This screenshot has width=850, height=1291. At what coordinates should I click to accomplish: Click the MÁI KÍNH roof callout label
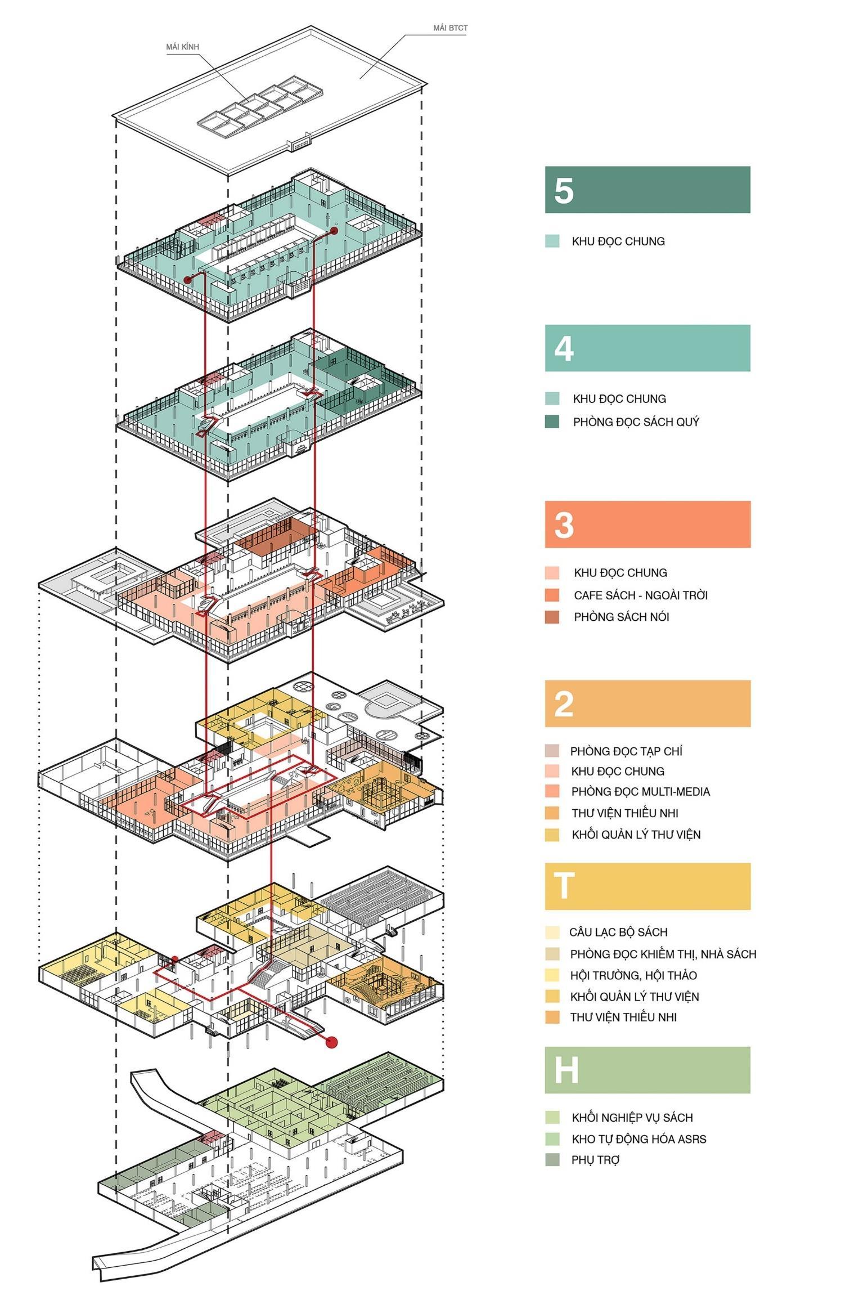point(182,47)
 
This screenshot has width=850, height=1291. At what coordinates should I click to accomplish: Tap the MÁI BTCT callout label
point(450,28)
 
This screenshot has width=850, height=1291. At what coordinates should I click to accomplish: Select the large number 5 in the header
point(564,190)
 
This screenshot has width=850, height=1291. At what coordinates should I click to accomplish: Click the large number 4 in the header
point(564,348)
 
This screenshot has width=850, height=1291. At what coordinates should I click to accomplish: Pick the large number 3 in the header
point(564,525)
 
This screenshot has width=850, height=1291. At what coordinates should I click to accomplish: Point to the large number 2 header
point(564,703)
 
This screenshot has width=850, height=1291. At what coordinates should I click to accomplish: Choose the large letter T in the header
point(564,886)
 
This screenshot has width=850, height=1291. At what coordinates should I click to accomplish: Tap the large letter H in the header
point(565,1070)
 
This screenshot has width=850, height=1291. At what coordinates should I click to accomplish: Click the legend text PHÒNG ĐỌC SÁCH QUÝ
point(636,422)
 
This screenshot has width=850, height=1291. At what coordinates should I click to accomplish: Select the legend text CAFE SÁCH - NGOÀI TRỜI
point(641,595)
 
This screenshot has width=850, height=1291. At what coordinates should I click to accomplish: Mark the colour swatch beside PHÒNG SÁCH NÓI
point(552,617)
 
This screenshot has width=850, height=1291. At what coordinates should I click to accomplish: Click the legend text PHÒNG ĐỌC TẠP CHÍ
point(626,751)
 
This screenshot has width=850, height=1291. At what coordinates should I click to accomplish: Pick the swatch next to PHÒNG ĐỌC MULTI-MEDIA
point(552,792)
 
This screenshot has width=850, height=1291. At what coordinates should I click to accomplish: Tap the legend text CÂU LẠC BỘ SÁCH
point(618,932)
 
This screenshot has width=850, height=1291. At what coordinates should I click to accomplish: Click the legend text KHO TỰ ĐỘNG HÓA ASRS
point(639,1139)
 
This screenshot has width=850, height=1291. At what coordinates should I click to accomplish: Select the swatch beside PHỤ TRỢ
point(552,1160)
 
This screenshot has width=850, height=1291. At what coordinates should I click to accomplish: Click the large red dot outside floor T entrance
point(331,1043)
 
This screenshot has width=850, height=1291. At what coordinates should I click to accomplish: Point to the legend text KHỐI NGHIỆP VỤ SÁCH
point(632,1118)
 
